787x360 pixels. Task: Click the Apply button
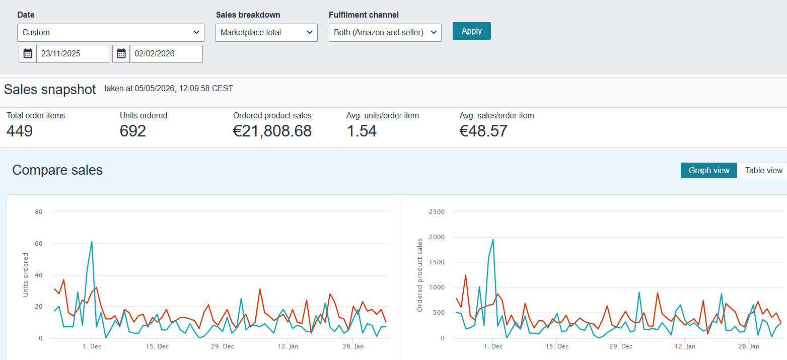471,31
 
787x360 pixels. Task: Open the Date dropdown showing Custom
111,33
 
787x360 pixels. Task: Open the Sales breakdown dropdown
266,33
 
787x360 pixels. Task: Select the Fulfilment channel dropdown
385,33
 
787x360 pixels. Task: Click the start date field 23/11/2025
73,54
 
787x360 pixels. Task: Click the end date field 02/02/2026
166,54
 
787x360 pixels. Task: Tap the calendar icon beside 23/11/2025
28,54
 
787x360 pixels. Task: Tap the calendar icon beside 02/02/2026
121,54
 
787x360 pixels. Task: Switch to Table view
763,170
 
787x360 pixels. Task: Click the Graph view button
709,170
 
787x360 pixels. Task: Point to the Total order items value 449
20,131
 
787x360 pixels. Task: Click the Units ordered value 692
133,131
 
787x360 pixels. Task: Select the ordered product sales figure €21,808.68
272,131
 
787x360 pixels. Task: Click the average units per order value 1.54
362,131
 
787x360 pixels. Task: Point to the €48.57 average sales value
483,131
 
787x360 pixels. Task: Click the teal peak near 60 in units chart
92,242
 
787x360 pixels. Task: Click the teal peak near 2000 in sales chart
493,240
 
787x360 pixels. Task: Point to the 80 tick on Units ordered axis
39,212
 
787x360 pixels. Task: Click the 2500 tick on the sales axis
437,212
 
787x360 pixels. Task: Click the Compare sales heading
57,170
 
